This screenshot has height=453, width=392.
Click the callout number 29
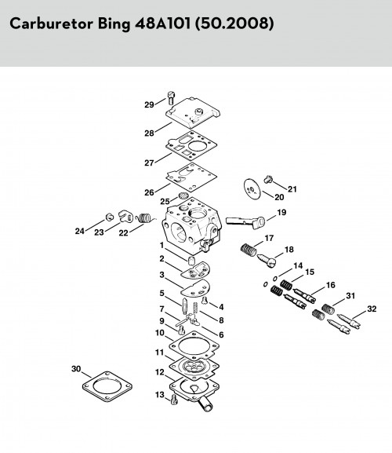pyautogui.click(x=149, y=104)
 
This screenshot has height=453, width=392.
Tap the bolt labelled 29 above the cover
pyautogui.click(x=171, y=98)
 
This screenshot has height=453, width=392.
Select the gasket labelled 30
pyautogui.click(x=107, y=386)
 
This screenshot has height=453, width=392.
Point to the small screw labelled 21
pyautogui.click(x=268, y=179)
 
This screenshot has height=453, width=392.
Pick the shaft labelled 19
pyautogui.click(x=245, y=223)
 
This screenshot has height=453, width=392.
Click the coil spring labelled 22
pyautogui.click(x=146, y=217)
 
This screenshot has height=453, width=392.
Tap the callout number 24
pyautogui.click(x=80, y=231)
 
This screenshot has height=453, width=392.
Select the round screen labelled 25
pyautogui.click(x=183, y=195)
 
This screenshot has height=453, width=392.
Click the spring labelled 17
pyautogui.click(x=249, y=250)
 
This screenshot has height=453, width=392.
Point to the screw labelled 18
pyautogui.click(x=267, y=260)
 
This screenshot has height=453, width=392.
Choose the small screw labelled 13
pyautogui.click(x=173, y=400)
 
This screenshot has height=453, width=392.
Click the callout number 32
pyautogui.click(x=372, y=309)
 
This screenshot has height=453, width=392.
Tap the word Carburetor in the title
pyautogui.click(x=51, y=24)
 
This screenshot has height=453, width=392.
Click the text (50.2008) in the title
pyautogui.click(x=234, y=24)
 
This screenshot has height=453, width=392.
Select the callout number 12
pyautogui.click(x=159, y=372)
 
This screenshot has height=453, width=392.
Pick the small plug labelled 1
pyautogui.click(x=191, y=260)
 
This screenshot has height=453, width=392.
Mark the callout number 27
pyautogui.click(x=149, y=163)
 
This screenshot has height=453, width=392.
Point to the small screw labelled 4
pyautogui.click(x=205, y=301)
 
